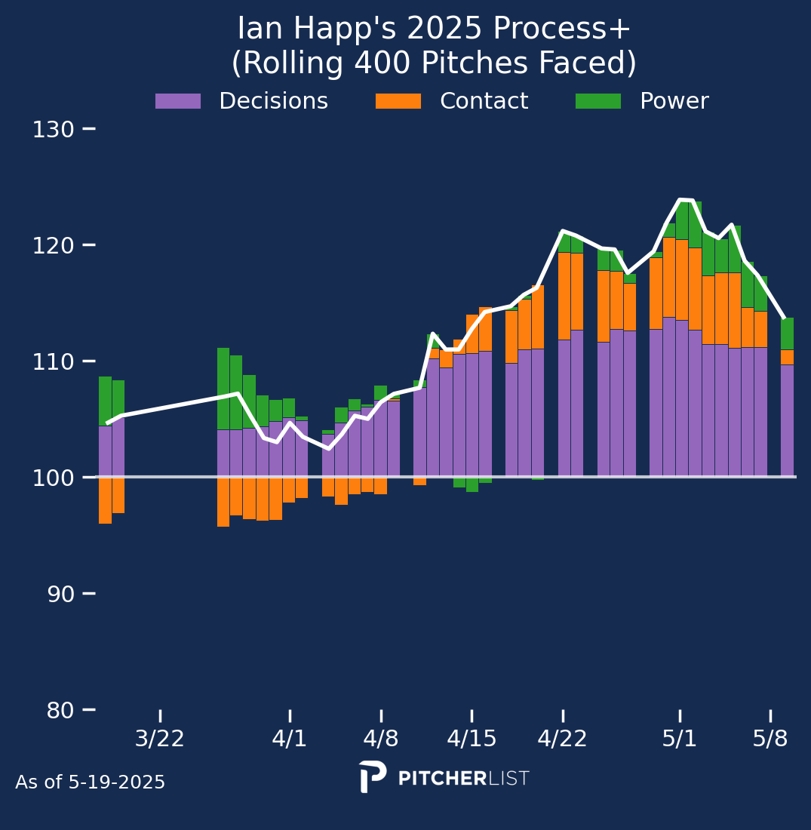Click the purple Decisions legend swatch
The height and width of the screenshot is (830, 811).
coord(178,101)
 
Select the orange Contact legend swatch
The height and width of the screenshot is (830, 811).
coord(398,101)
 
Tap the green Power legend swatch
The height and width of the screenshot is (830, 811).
coord(598,101)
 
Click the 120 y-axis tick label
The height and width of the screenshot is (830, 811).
coord(53,245)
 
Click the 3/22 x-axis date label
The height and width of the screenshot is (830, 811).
coord(160,739)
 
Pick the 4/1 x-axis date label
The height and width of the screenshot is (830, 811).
coord(290,739)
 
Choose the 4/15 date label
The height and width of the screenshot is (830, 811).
coord(472,739)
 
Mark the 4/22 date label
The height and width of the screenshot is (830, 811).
coord(563,739)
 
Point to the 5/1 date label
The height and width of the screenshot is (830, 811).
coord(680,739)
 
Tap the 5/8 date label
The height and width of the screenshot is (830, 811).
coord(770,739)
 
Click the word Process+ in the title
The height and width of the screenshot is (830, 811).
coord(563,29)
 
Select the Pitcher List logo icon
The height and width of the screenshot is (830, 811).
coord(373,776)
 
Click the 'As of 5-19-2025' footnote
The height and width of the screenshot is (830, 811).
coord(90,782)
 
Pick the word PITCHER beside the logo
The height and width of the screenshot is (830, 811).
coord(442,779)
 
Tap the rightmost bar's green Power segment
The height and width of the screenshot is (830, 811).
coord(787,334)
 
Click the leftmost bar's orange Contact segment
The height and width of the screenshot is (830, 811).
coord(105,500)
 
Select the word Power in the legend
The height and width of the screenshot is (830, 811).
coord(674,101)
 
